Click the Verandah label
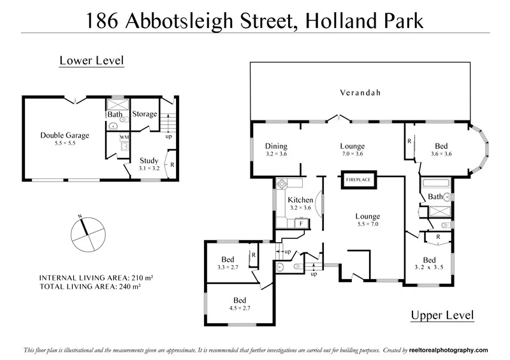360,93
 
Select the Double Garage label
64,135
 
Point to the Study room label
149,161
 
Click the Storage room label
145,114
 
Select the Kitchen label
300,200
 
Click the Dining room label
277,146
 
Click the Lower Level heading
91,61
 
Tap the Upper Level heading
442,315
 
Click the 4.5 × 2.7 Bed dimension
240,308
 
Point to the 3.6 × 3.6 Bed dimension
441,154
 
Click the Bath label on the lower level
115,115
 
